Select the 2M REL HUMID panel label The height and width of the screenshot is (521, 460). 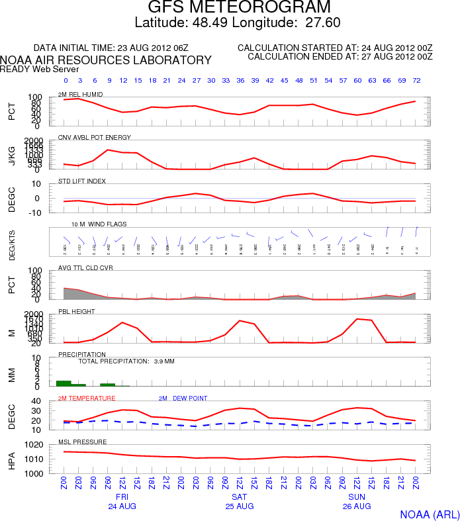80,95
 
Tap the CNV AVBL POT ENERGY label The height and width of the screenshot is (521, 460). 95,137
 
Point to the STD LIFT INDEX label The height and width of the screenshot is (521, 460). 82,181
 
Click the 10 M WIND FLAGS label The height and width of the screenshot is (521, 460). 99,224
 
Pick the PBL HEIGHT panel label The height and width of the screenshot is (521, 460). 77,311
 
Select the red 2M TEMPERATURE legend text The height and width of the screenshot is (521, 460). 87,398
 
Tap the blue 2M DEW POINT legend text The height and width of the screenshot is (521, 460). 183,398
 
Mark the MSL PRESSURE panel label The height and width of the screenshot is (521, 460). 79,442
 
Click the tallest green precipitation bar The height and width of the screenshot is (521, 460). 64,383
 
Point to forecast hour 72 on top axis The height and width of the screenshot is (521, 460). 416,80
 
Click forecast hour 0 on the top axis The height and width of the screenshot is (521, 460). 64,80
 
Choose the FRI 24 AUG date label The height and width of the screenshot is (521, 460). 122,501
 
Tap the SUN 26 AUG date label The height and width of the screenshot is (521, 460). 357,501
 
